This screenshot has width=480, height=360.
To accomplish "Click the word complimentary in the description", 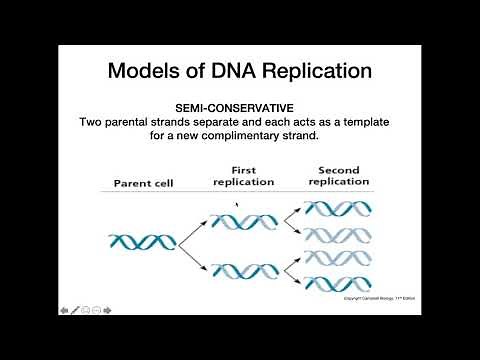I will pyautogui.click(x=263, y=136).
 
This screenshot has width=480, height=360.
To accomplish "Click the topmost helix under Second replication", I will pyautogui.click(x=337, y=209).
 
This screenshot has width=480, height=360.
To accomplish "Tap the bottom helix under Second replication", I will pyautogui.click(x=337, y=282).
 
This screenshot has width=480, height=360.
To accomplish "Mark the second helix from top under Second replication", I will pyautogui.click(x=337, y=235).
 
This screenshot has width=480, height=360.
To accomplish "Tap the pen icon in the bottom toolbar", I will pyautogui.click(x=75, y=310).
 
